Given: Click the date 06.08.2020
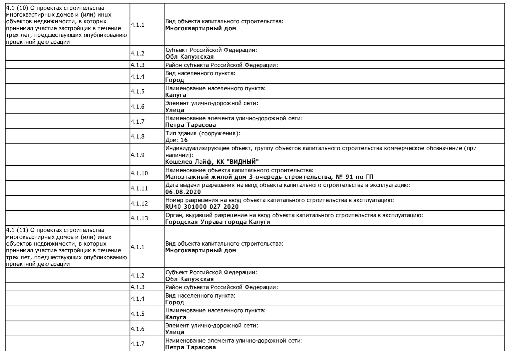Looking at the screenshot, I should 183,192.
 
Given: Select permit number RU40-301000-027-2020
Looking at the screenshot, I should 202,207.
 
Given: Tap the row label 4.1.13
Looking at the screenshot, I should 139,218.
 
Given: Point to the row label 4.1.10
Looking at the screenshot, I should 139,173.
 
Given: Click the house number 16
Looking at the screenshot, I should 184,140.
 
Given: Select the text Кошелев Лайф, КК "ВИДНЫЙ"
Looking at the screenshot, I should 212,162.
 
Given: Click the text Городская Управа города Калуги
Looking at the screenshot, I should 217,222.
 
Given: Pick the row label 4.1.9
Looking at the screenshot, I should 137,155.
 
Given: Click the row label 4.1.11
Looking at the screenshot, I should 139,188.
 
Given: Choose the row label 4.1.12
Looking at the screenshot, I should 139,203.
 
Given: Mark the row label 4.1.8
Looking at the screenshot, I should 137,136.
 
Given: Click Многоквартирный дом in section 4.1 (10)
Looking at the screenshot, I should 200,28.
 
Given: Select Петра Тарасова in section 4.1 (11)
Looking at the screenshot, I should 190,347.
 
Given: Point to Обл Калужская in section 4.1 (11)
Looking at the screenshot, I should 189,279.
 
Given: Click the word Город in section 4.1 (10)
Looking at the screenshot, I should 174,80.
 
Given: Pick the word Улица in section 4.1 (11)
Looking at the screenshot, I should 174,332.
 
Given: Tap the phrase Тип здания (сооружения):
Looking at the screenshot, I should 202,133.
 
